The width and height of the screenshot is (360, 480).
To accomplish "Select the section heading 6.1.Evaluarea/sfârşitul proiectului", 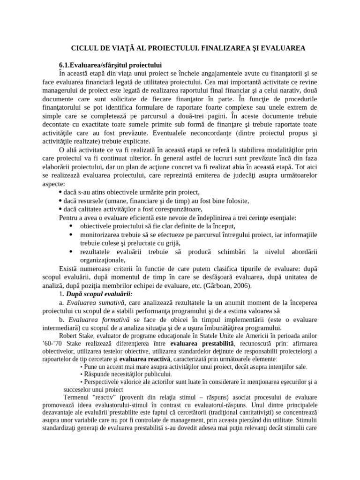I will click(x=111, y=65).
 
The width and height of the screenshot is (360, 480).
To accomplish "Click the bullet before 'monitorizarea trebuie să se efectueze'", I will click(x=70, y=234).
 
